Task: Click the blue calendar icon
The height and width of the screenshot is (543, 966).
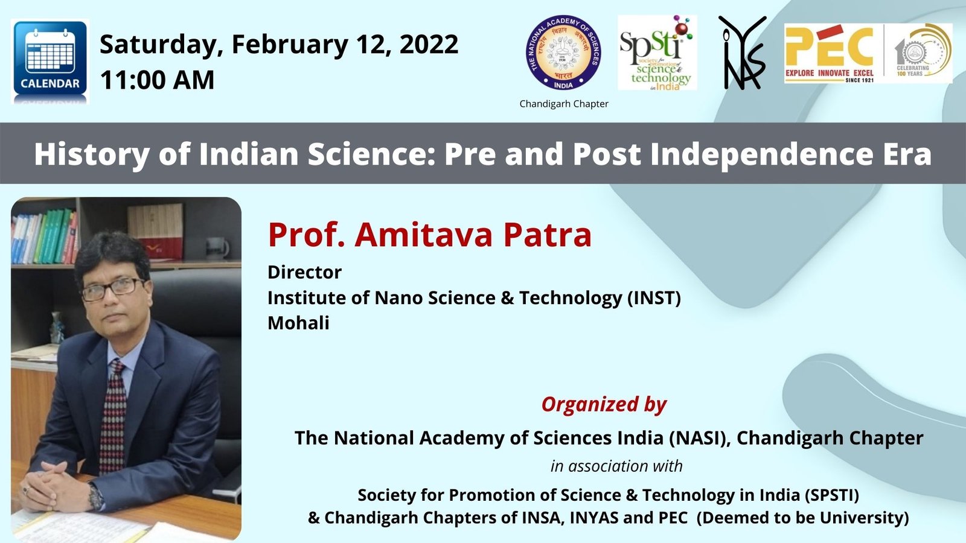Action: [50, 60]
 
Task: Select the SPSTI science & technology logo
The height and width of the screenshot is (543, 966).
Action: [657, 53]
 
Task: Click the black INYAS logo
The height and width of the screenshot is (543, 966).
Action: [742, 53]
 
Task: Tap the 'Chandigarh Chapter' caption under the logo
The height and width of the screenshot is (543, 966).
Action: [564, 104]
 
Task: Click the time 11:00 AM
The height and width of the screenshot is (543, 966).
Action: [158, 80]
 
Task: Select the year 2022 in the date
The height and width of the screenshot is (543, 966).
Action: [429, 45]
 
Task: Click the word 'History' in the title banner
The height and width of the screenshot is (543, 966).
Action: [91, 154]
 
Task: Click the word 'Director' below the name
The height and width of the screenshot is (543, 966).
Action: [304, 272]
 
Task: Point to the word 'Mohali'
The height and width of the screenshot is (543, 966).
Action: [298, 323]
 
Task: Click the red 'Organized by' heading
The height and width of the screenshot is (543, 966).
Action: [604, 404]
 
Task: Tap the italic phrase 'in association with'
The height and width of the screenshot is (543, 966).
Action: [616, 466]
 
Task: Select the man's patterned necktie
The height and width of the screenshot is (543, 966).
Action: [113, 416]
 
